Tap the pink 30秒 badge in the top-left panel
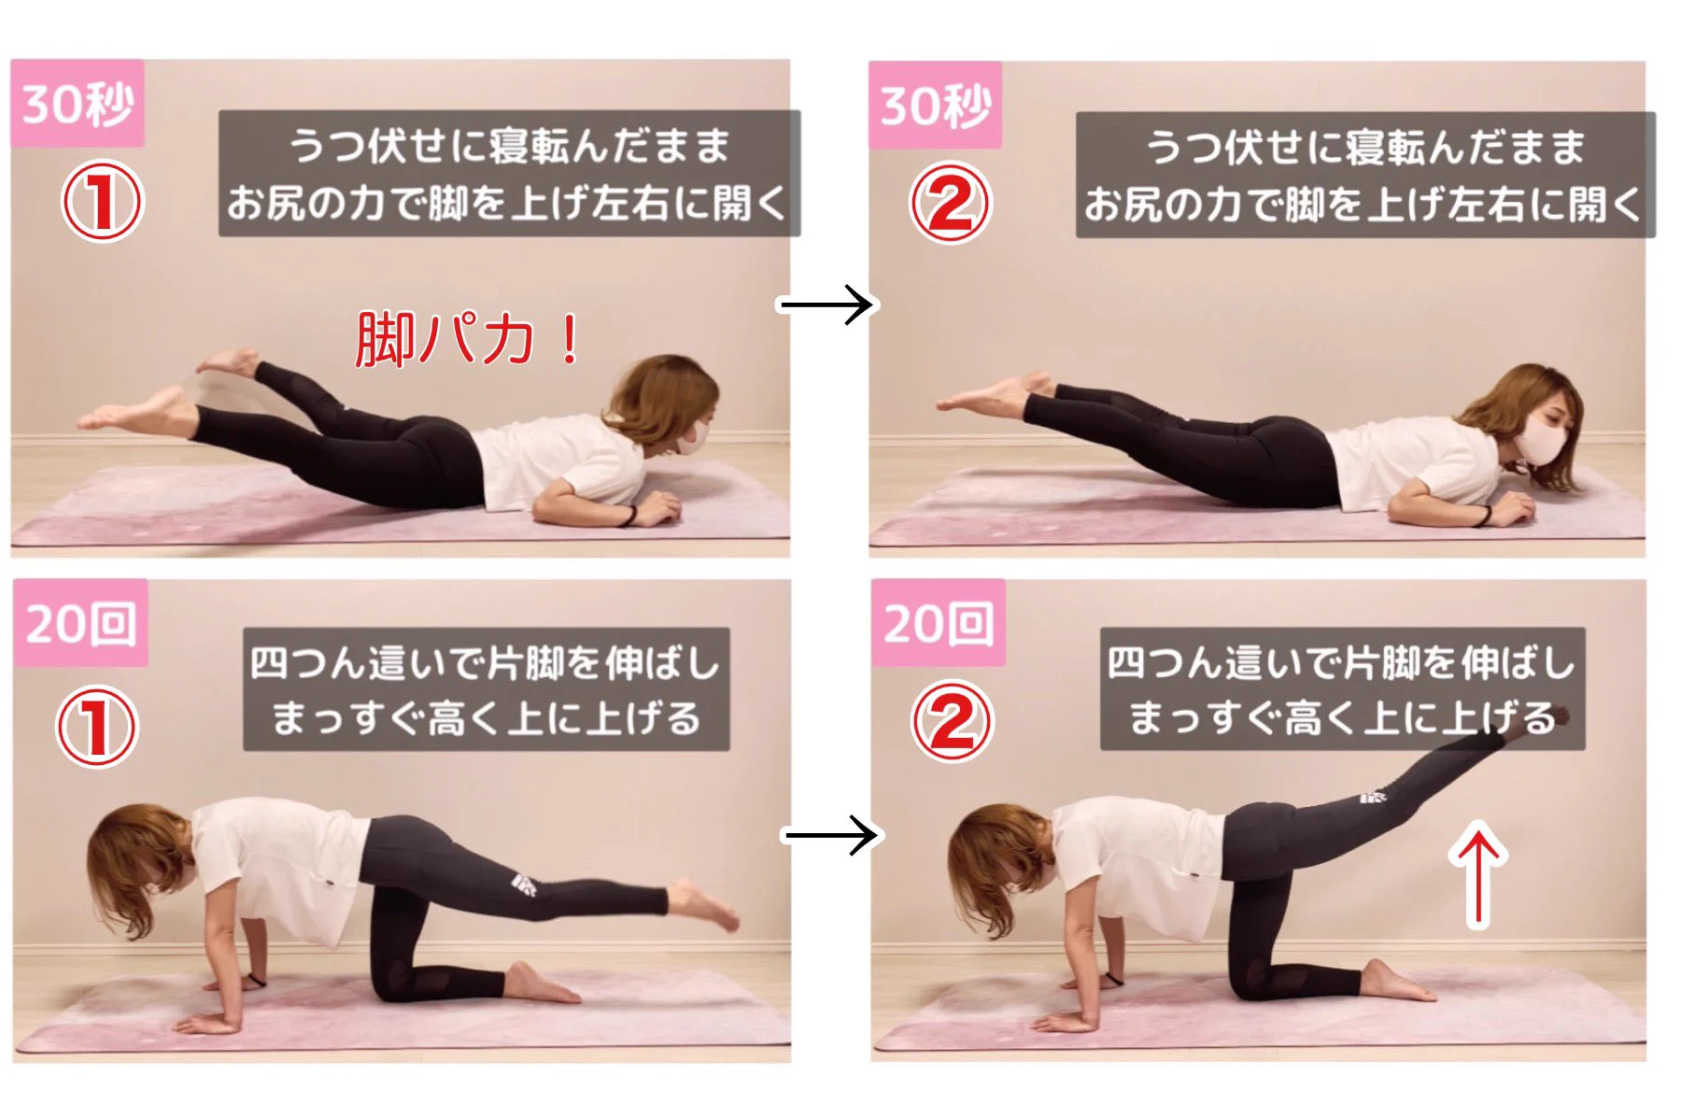[78, 104]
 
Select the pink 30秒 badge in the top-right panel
[935, 106]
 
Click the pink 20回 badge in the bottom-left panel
[80, 623]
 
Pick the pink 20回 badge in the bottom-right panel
[938, 623]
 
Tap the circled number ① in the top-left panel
[102, 202]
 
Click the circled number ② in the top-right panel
[950, 203]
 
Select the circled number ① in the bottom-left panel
[97, 727]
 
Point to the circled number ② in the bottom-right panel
[951, 721]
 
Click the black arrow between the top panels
[826, 305]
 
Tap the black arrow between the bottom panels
[830, 835]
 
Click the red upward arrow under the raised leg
[1478, 874]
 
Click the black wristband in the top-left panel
[631, 516]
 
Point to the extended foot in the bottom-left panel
[705, 904]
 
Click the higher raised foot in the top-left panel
[226, 361]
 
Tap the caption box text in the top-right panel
[1364, 175]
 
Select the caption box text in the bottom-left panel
[486, 689]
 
